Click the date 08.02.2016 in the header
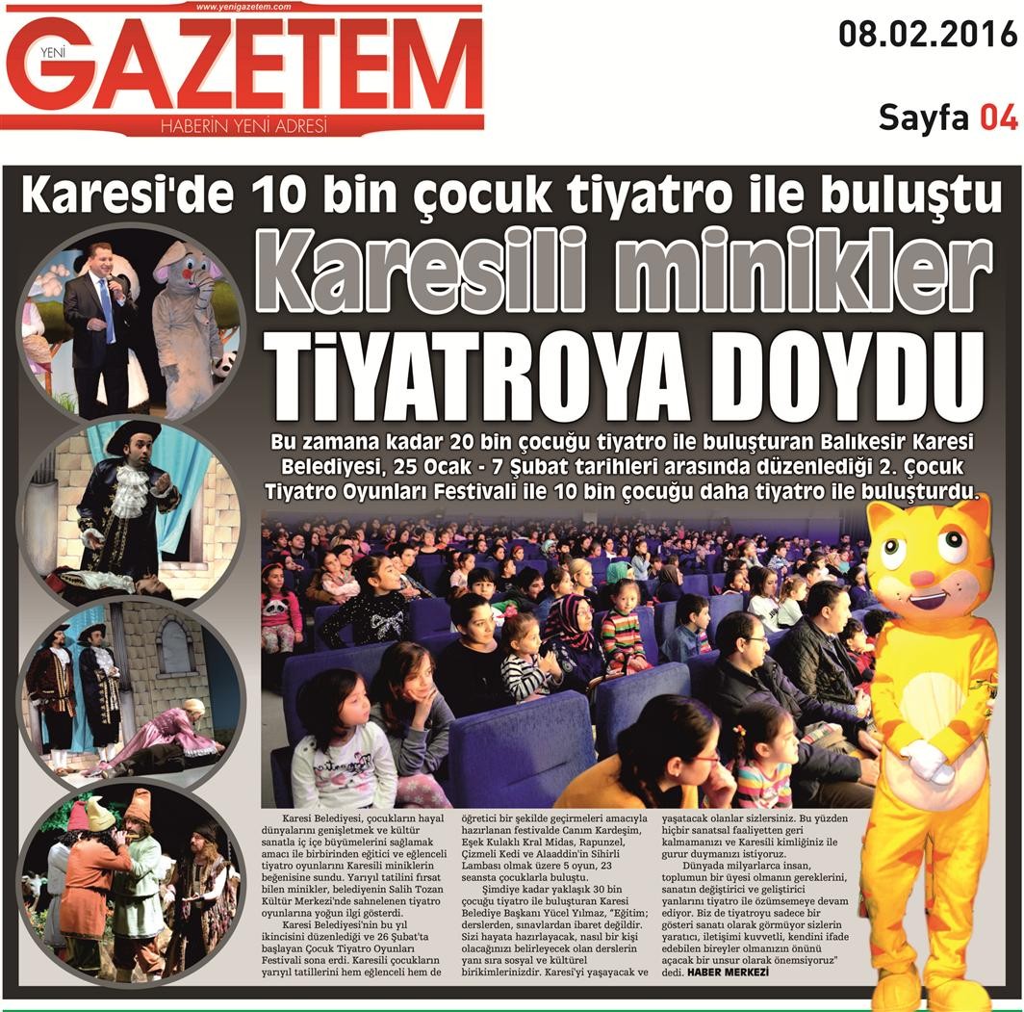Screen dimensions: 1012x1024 [927, 35]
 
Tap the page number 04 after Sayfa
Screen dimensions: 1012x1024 [998, 117]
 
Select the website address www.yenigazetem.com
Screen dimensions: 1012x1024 [243, 7]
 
